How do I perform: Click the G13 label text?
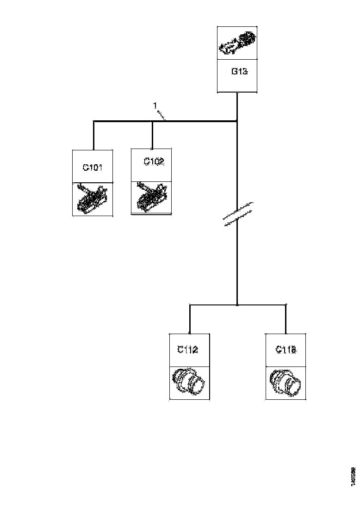coord(237,72)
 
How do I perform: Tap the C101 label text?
coord(93,168)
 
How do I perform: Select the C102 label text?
coord(153,162)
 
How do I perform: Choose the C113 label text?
coord(286,350)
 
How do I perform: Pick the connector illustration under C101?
coord(93,199)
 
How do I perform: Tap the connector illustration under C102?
coord(152,198)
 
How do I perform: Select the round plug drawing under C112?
coord(189,382)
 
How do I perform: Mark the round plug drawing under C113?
coord(286,382)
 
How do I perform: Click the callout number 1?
coord(155,106)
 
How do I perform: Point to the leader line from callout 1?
coord(161,115)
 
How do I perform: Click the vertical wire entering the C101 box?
coord(94,136)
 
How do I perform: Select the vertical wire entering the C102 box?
coord(152,135)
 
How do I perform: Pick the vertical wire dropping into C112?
coord(189,319)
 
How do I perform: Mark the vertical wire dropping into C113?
coord(286,319)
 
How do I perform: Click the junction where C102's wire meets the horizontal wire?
coord(152,122)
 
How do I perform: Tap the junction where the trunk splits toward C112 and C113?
coord(237,305)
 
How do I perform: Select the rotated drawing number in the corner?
coord(353,477)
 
